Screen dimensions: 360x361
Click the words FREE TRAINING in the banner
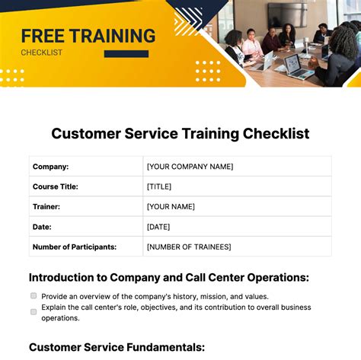pos(88,36)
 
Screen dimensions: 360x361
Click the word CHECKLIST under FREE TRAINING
pos(41,53)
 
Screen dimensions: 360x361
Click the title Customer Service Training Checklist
pos(180,133)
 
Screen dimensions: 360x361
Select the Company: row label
pos(50,166)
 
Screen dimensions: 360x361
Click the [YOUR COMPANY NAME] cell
pos(190,166)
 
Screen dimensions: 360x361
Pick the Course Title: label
pos(56,186)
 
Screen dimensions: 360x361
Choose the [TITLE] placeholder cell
pos(159,186)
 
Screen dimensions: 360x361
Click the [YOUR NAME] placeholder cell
pos(171,206)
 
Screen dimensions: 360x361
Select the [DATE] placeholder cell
pos(159,226)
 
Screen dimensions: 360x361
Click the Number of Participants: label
pos(75,247)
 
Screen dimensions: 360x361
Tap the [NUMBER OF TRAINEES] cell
pos(189,247)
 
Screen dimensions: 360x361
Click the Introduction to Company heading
pos(168,278)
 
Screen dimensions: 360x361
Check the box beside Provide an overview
pos(34,295)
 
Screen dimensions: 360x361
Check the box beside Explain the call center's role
pos(34,311)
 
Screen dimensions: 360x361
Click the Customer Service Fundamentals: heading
pos(117,347)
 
